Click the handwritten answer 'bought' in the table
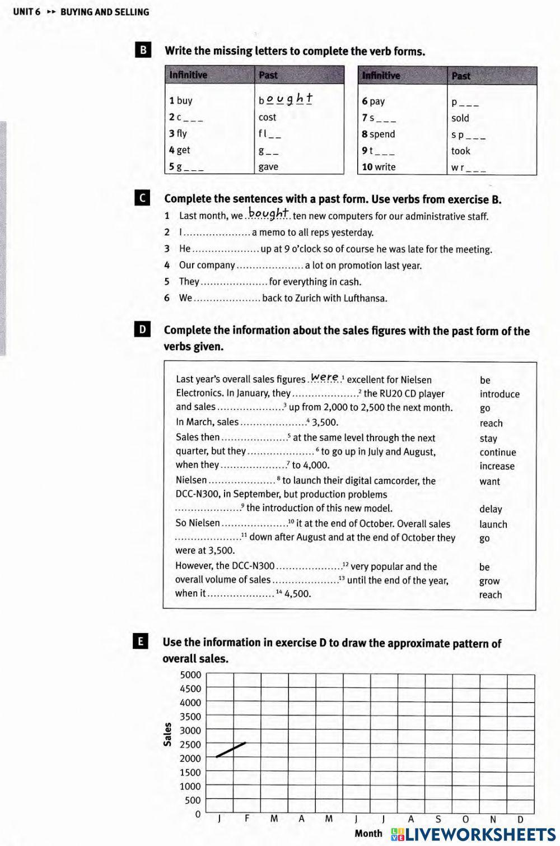click(287, 100)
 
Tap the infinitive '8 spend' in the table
click(379, 134)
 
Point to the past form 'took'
click(460, 151)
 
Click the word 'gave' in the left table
click(268, 166)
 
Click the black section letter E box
click(142, 642)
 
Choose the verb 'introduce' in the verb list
click(500, 394)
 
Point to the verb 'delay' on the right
click(491, 509)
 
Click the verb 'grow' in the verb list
click(489, 581)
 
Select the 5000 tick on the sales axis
click(190, 675)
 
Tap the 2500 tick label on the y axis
click(190, 744)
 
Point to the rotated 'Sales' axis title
click(167, 735)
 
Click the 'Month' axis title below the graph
click(368, 833)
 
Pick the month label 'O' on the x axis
click(465, 819)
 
